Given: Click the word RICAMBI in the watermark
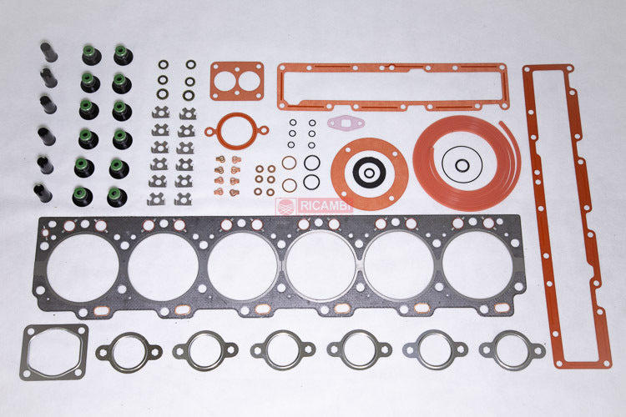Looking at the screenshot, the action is coord(325,206).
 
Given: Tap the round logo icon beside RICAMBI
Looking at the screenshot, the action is coord(285,207).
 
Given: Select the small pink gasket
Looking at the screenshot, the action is coord(345,123).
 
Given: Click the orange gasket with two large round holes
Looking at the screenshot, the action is coord(237,81).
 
